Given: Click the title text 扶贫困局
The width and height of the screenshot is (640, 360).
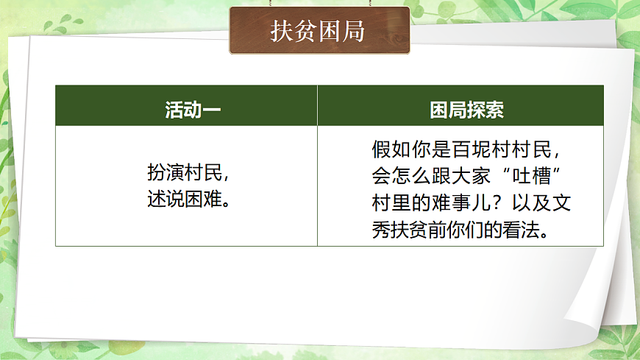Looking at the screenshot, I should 318,32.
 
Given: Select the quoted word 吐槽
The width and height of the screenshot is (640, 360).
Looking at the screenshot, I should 542,177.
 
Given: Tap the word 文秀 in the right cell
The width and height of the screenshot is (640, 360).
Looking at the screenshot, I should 561,203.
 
